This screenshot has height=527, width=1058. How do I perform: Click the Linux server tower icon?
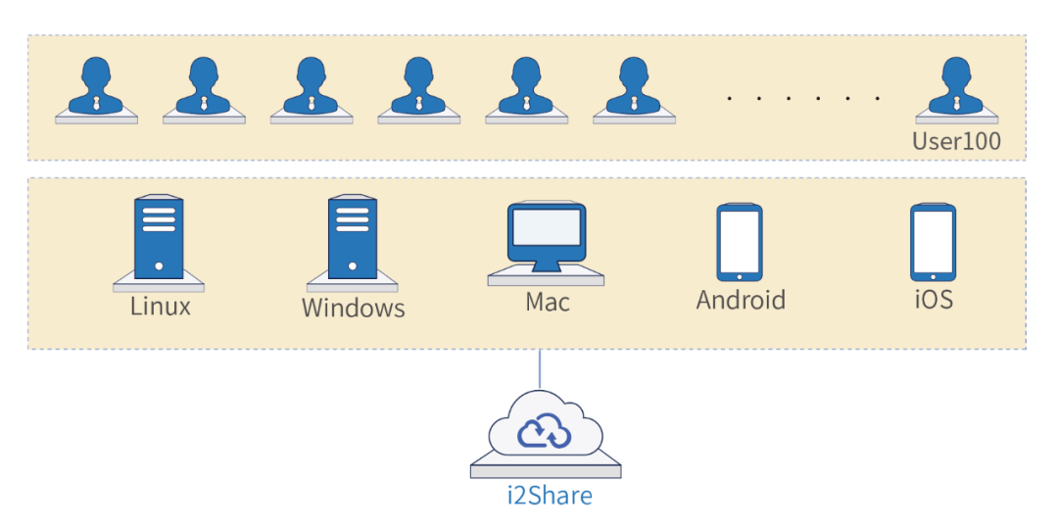click(x=159, y=238)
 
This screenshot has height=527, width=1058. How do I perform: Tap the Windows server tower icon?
click(x=352, y=238)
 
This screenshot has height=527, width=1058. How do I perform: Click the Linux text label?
click(x=160, y=306)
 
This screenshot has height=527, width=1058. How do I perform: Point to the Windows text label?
click(x=353, y=308)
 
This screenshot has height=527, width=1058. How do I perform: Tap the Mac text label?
click(x=548, y=301)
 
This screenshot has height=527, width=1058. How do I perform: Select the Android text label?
click(x=741, y=300)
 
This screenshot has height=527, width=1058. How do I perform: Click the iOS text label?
click(x=933, y=299)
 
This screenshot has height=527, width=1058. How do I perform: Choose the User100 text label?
click(x=956, y=141)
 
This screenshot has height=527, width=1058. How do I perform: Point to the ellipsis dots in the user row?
click(x=803, y=99)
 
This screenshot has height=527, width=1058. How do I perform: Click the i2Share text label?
click(x=549, y=496)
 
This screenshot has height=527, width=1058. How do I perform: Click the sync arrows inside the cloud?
click(x=544, y=430)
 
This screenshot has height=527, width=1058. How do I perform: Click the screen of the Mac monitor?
click(x=546, y=227)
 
